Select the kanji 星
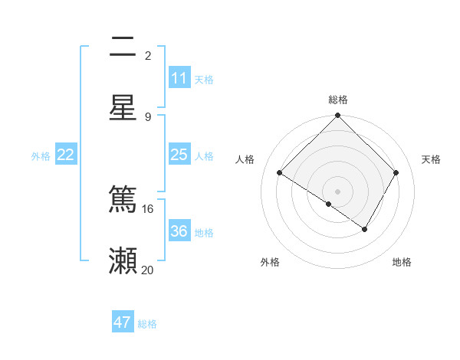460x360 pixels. (x=123, y=107)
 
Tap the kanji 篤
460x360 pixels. (x=123, y=199)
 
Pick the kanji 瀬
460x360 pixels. (x=123, y=260)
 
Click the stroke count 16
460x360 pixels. (x=148, y=208)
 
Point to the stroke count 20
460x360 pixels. (x=148, y=270)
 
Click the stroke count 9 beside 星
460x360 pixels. (x=148, y=116)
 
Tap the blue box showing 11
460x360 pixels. (x=179, y=78)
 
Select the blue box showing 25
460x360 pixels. (x=179, y=155)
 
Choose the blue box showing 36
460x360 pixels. (x=179, y=231)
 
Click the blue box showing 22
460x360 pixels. (x=66, y=155)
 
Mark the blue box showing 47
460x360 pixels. (x=123, y=322)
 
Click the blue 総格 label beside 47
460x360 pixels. (x=147, y=324)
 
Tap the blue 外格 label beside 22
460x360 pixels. (x=41, y=156)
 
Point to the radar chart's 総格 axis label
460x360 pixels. (x=338, y=100)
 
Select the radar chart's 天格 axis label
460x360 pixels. (x=431, y=159)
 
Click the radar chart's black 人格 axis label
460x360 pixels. (x=245, y=159)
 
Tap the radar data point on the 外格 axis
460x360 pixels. (x=329, y=204)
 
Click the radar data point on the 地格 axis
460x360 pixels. (x=365, y=229)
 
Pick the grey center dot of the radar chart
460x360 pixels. (x=338, y=191)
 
